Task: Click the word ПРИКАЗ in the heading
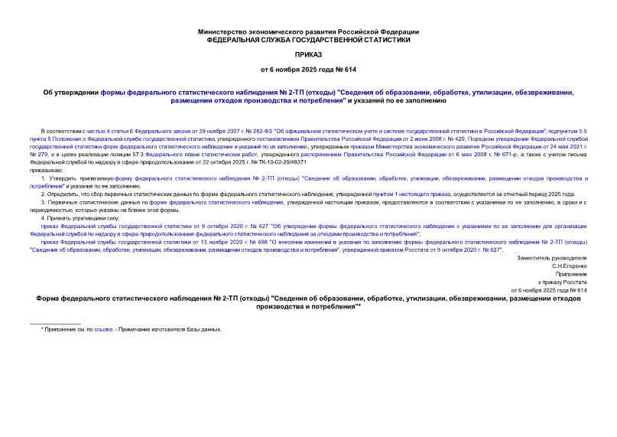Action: (308, 55)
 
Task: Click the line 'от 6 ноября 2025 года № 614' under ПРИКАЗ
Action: (308, 70)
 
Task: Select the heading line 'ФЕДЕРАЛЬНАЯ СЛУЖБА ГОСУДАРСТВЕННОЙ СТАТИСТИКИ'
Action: (308, 40)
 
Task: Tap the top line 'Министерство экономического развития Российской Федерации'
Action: (308, 31)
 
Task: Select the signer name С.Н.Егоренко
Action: (570, 266)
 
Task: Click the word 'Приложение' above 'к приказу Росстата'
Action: (572, 274)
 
